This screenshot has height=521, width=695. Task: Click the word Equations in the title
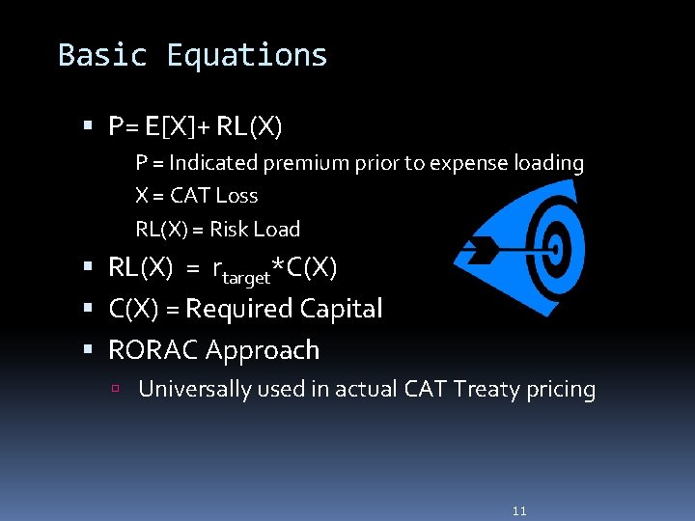[x=247, y=56]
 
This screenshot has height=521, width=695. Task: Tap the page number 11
[x=519, y=510]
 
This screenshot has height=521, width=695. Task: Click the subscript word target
[x=247, y=278]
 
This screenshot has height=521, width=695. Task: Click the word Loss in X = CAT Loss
[x=236, y=196]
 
